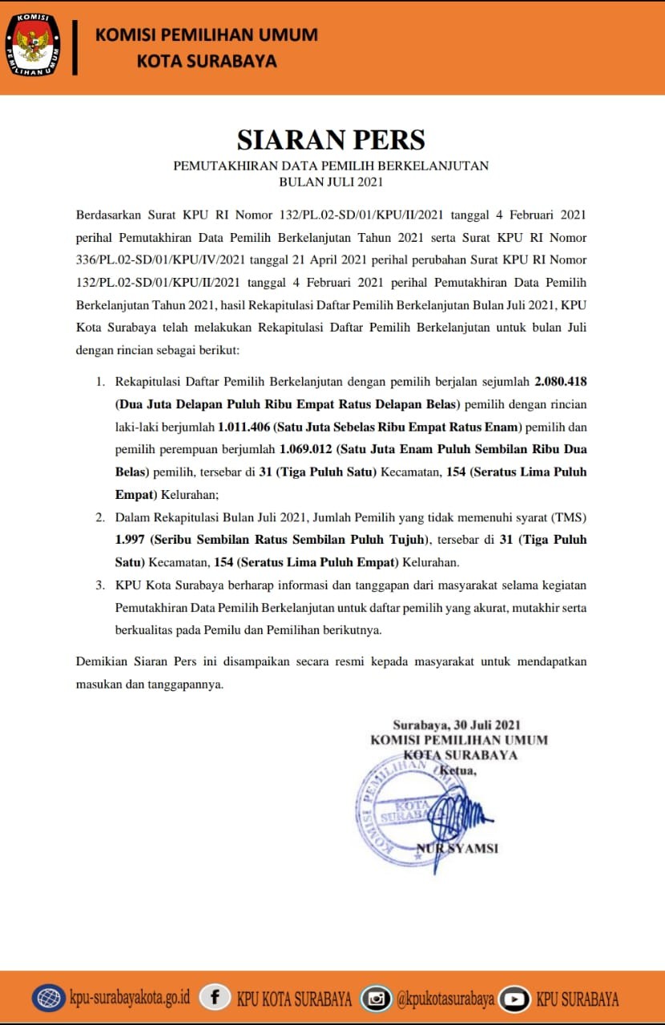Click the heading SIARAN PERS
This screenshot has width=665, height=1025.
click(x=331, y=139)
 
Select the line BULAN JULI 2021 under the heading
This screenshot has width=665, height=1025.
click(x=331, y=182)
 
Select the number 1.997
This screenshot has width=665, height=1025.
click(x=130, y=539)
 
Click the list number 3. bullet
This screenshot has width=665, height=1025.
click(x=100, y=585)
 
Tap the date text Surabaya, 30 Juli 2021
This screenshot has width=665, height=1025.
click(x=457, y=726)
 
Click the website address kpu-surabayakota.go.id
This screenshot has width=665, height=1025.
click(x=130, y=999)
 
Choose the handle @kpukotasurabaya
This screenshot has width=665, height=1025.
click(x=445, y=999)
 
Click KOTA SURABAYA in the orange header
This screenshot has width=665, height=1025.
click(x=207, y=61)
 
